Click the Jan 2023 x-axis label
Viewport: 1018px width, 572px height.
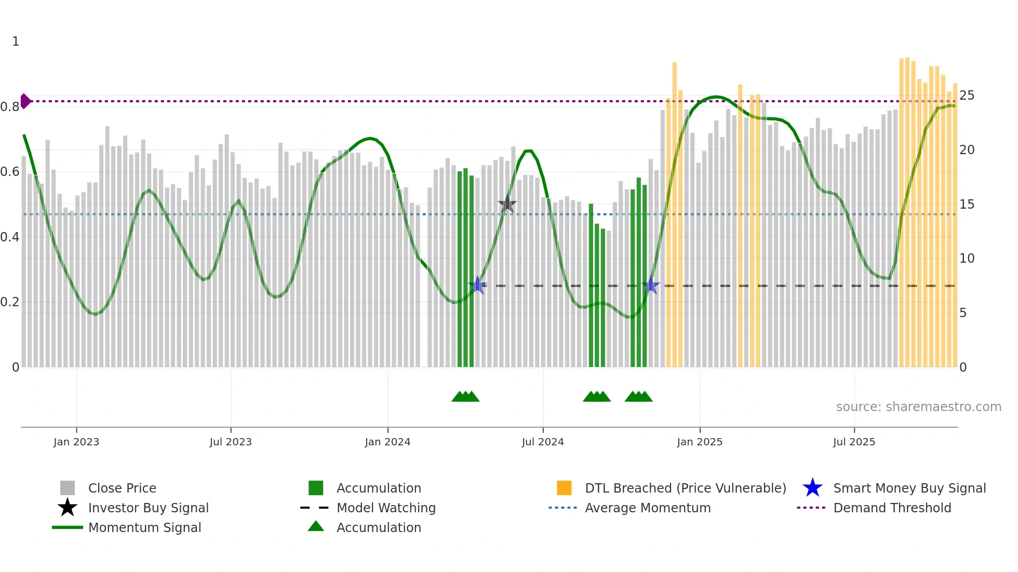[76, 442]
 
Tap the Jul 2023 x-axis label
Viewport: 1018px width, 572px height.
[231, 442]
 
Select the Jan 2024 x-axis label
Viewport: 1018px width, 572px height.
[387, 442]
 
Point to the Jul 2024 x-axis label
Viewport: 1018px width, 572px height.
[543, 442]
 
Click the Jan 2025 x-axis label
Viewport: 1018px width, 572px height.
[700, 442]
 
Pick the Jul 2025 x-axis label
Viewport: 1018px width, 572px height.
[854, 442]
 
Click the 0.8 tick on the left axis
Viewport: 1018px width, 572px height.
[10, 107]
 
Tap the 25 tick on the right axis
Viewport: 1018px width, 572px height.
[967, 96]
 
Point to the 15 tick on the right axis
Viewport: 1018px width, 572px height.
[967, 205]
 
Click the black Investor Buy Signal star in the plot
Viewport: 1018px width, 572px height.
[507, 204]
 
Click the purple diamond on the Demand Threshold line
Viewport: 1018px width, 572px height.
[25, 101]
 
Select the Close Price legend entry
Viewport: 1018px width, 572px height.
[122, 488]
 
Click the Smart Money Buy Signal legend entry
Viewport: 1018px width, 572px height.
[909, 488]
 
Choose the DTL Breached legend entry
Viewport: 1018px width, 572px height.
[685, 488]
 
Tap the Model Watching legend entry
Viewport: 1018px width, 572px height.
[386, 508]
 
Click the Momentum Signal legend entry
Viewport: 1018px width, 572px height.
[144, 527]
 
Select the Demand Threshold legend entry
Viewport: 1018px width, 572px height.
[892, 508]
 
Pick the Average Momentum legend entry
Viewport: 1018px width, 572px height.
[648, 508]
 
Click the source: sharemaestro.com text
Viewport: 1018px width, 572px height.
[918, 407]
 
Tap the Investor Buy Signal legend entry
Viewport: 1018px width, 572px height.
[148, 508]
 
